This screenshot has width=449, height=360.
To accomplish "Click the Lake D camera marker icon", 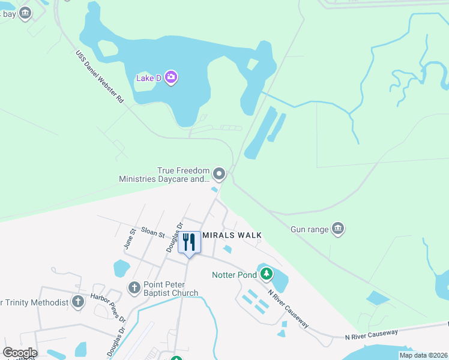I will (171, 77).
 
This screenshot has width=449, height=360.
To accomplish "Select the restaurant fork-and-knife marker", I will (189, 242).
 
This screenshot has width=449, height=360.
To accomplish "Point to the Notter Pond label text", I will (234, 275).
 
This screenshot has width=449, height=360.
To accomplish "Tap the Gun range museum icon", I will (337, 229).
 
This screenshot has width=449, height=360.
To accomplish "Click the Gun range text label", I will (310, 229).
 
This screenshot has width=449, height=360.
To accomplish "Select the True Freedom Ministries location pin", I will (220, 175).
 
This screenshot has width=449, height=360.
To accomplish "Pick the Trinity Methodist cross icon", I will (78, 302).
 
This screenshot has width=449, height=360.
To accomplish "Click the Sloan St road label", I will (153, 232).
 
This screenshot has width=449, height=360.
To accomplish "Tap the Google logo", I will (20, 353).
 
